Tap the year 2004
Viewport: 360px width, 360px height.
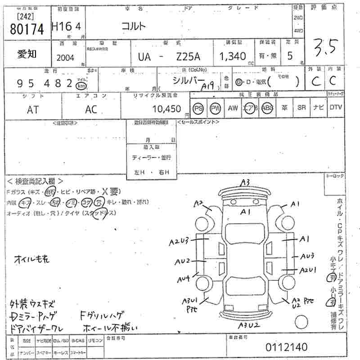[x=66, y=57]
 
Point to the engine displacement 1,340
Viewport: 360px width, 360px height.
[x=232, y=57]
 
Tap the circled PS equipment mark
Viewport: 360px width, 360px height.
[x=198, y=108]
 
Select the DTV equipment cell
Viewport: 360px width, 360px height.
[x=335, y=108]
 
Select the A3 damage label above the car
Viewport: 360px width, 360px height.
[x=245, y=182]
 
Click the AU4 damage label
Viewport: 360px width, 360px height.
[x=183, y=279]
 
